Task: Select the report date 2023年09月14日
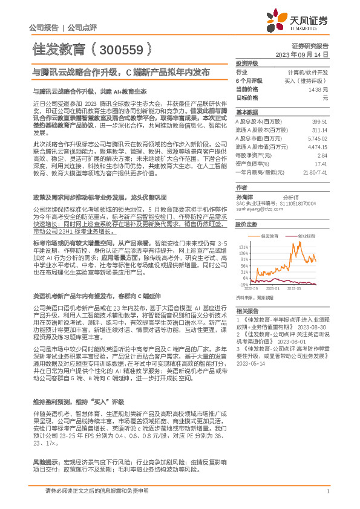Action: [x=301, y=54]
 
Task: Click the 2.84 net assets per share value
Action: [x=322, y=155]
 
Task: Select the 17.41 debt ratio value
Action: [x=321, y=163]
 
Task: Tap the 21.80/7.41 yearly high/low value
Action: [x=316, y=172]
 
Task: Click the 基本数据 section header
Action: [x=246, y=112]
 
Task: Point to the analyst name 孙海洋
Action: [x=244, y=197]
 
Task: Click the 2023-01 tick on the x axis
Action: [x=272, y=289]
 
